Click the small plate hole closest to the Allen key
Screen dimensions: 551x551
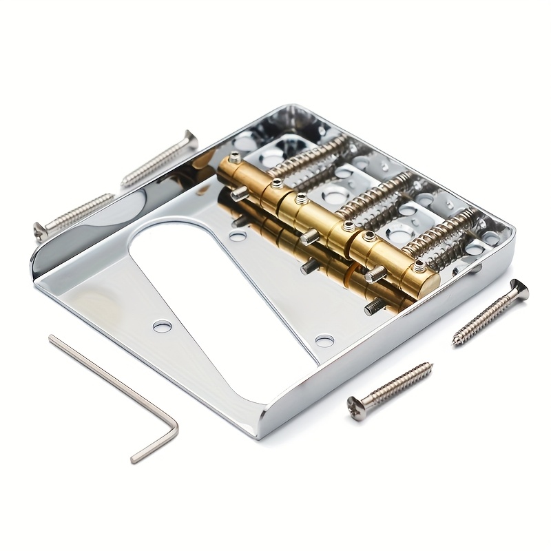point(163,326)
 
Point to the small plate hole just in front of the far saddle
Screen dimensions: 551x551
point(238,236)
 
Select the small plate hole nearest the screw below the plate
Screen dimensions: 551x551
point(324,340)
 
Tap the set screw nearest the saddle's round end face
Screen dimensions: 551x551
point(419,265)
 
